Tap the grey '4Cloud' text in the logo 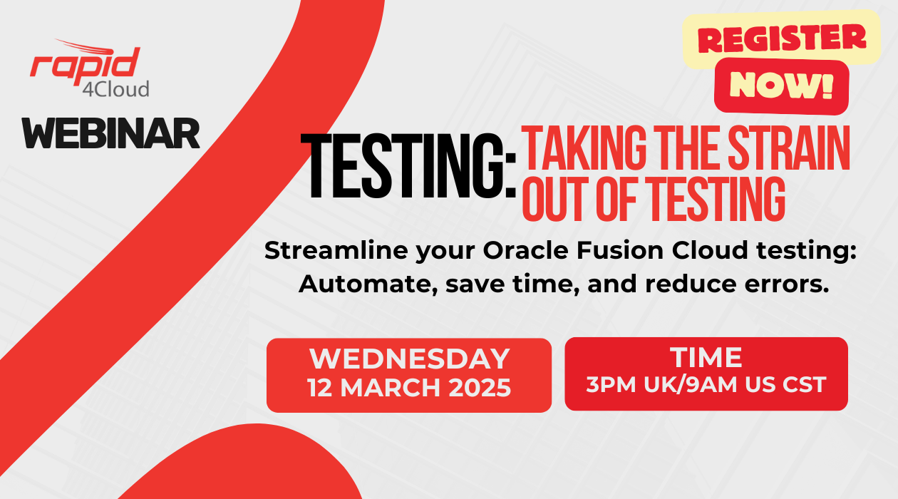pos(116,89)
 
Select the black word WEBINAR pos(110,133)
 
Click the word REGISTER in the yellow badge pos(782,38)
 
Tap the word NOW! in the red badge pos(782,86)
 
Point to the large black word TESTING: pos(408,165)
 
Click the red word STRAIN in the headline pos(788,148)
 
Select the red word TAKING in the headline pos(584,148)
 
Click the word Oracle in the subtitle pos(525,251)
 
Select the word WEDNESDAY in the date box pos(409,359)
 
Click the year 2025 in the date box pos(480,388)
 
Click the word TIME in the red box pos(706,357)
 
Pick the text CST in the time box pos(805,385)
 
